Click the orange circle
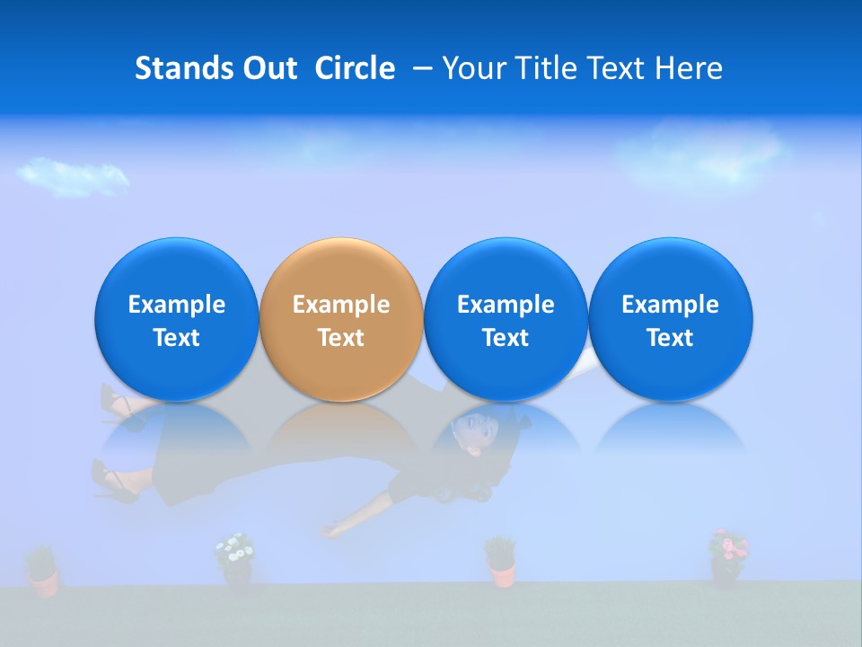pyautogui.click(x=341, y=320)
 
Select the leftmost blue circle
pyautogui.click(x=177, y=320)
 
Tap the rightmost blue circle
pyautogui.click(x=670, y=320)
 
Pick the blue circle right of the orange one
pyautogui.click(x=506, y=320)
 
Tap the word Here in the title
pyautogui.click(x=690, y=68)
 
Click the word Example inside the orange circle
pyautogui.click(x=341, y=305)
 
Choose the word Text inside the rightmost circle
pyautogui.click(x=670, y=338)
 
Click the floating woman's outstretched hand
pyautogui.click(x=334, y=531)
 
